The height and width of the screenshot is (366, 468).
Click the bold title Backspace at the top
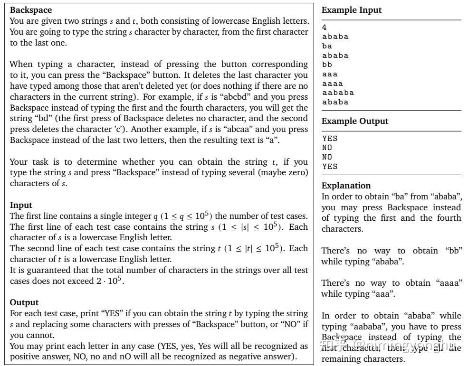31,10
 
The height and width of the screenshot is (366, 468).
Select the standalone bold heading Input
21,205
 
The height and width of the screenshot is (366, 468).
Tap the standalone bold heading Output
24,302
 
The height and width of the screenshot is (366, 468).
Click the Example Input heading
352,10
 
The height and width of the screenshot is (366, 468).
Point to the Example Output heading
355,121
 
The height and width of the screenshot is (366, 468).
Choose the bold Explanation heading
346,186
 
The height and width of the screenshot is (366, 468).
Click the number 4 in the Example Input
325,28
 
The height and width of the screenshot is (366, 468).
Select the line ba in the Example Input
327,46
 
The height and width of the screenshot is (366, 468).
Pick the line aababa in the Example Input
338,93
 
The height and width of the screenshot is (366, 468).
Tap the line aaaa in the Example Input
333,83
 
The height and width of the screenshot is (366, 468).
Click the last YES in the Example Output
330,167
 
